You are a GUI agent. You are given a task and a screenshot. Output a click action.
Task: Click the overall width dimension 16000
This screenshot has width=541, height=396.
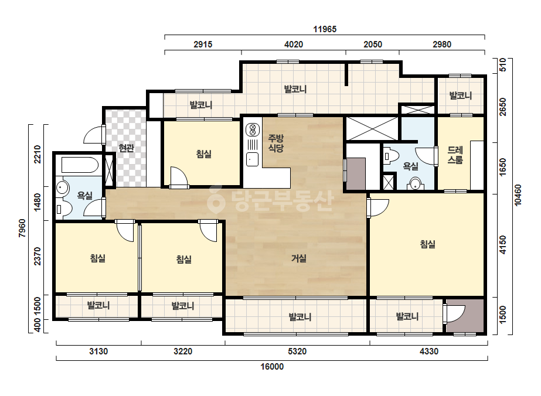point(272,366)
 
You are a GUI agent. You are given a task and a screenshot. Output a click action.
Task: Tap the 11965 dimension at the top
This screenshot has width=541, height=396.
point(325,29)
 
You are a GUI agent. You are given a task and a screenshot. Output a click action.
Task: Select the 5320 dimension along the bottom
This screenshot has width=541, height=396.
point(297,351)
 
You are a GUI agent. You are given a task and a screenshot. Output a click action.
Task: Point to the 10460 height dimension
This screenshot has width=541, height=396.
point(518,195)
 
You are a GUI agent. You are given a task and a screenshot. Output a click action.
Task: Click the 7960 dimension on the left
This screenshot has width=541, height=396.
point(22,228)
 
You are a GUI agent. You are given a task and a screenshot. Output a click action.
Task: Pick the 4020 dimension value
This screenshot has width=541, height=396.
point(294,44)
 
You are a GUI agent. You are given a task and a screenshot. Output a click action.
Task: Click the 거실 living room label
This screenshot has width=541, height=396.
point(299,258)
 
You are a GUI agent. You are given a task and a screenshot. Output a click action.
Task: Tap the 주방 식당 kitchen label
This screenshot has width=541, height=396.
point(276,143)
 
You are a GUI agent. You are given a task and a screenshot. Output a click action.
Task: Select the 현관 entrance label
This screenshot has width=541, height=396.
point(126,148)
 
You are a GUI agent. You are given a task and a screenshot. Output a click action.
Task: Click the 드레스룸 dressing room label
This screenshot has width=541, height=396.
point(455,155)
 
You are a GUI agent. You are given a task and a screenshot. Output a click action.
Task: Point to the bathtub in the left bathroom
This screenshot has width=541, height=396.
point(80,165)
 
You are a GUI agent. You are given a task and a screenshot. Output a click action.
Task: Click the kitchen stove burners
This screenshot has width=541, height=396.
point(253,130)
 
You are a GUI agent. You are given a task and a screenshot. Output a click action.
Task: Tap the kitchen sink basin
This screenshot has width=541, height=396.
point(252,159)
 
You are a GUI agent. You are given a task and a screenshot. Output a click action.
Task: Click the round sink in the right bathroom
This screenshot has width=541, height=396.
point(416,183)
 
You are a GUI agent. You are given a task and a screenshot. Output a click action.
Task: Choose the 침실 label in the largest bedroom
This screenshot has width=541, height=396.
point(427,244)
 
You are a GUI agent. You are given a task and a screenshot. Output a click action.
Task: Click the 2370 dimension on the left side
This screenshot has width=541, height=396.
point(38,257)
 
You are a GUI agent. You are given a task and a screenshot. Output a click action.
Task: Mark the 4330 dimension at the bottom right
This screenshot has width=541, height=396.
point(429,351)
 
